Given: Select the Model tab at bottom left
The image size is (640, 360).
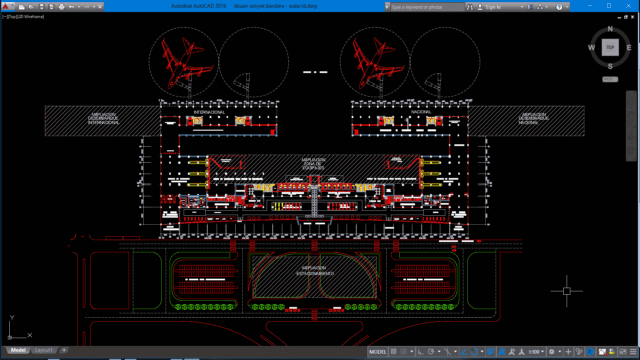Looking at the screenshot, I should [18, 351].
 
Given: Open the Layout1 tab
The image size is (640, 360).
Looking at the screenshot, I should [44, 351].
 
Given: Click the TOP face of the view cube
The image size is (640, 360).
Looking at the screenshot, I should [609, 47].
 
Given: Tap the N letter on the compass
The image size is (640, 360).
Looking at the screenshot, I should [609, 29].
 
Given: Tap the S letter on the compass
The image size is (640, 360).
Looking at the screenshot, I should [609, 66].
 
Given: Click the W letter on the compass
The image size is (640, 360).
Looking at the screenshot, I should [591, 47].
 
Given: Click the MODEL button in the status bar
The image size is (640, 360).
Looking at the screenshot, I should [378, 352].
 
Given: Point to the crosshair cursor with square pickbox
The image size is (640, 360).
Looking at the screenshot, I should [566, 291].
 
